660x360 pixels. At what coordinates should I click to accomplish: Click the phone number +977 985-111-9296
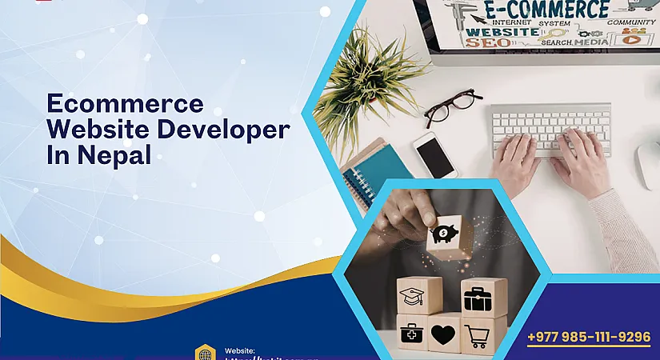point(589,337)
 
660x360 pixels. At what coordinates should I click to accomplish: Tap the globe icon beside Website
point(206,353)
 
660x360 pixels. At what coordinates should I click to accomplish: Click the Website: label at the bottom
point(240,350)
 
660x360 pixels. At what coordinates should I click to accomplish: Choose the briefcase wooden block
point(482,297)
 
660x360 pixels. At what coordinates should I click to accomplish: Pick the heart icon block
point(444,332)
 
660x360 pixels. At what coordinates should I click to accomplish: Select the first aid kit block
point(411,333)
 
